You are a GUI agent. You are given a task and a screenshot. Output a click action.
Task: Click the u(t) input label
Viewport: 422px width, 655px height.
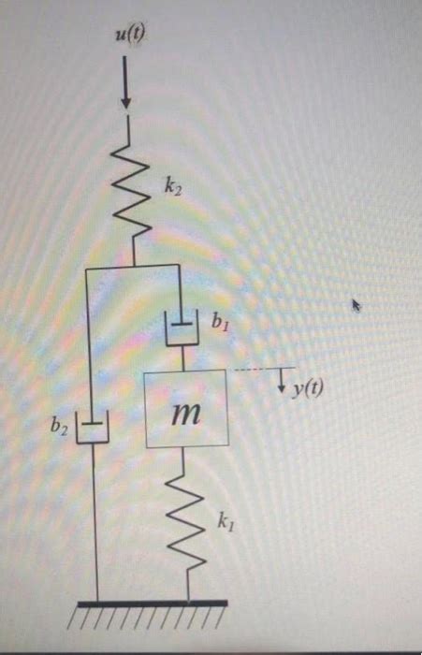tap(127, 36)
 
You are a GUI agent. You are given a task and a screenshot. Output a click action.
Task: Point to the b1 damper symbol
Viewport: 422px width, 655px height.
tap(181, 329)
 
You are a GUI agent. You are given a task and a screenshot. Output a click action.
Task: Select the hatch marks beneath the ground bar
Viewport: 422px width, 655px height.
tap(150, 619)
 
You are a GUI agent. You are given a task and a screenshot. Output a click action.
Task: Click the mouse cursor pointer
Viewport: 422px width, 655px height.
tap(355, 303)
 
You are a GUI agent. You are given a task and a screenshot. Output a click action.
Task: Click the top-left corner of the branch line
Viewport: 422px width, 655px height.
tap(86, 268)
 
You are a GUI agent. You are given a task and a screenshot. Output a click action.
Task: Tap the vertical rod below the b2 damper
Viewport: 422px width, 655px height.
tap(95, 524)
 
